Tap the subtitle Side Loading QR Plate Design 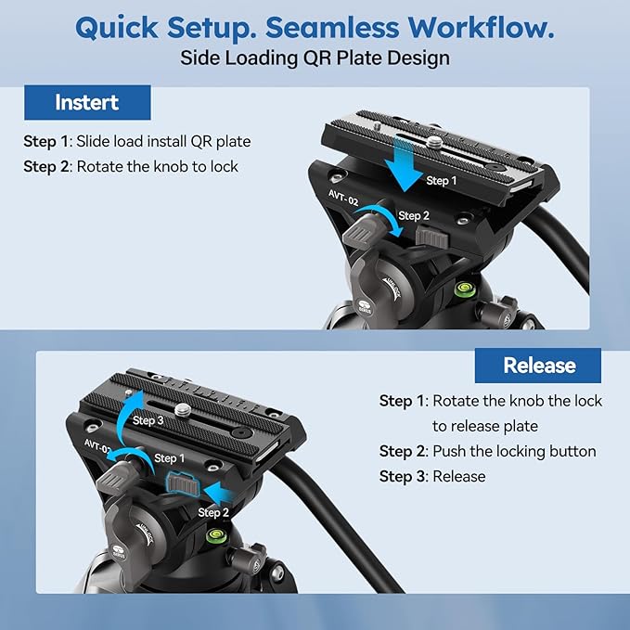pos(315,58)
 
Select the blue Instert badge pos(87,102)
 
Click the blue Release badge pos(538,365)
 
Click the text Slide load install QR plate pos(163,142)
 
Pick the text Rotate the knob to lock pos(157,167)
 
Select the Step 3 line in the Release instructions pos(432,476)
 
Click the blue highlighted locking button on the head pos(180,484)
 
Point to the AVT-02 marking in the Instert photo pos(342,197)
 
